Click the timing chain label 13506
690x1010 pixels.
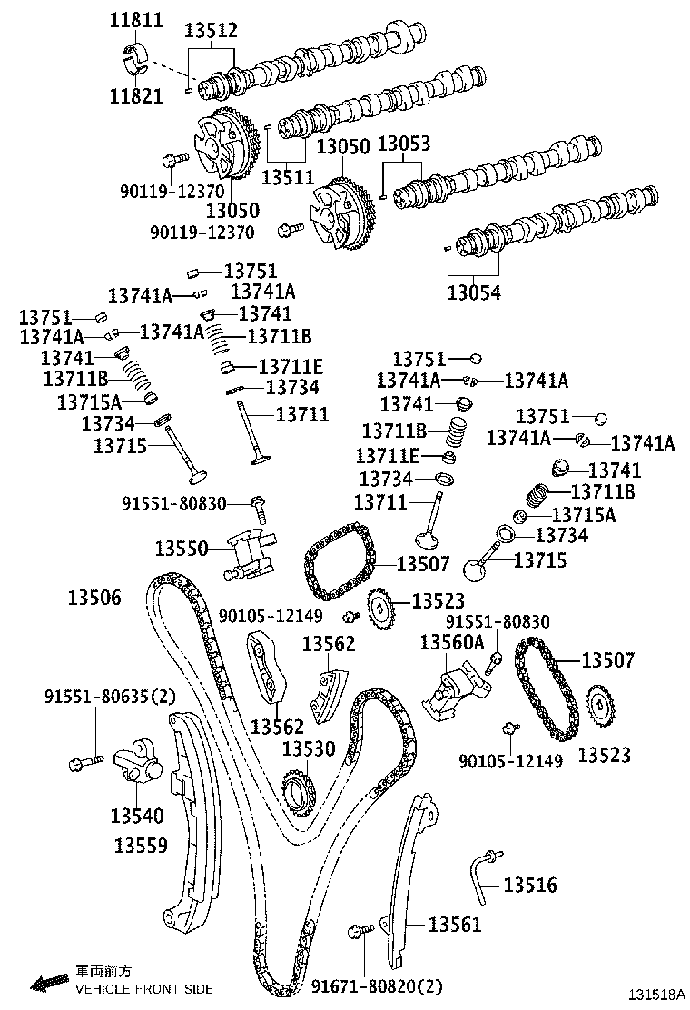[94, 597]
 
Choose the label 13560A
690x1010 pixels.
[452, 643]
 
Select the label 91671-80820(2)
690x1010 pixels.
[378, 986]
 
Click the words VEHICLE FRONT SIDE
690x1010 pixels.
[143, 988]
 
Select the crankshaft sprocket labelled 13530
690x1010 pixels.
[297, 789]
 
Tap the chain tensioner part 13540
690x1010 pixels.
[139, 760]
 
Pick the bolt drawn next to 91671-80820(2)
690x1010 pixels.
[360, 931]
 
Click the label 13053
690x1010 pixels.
[403, 144]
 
